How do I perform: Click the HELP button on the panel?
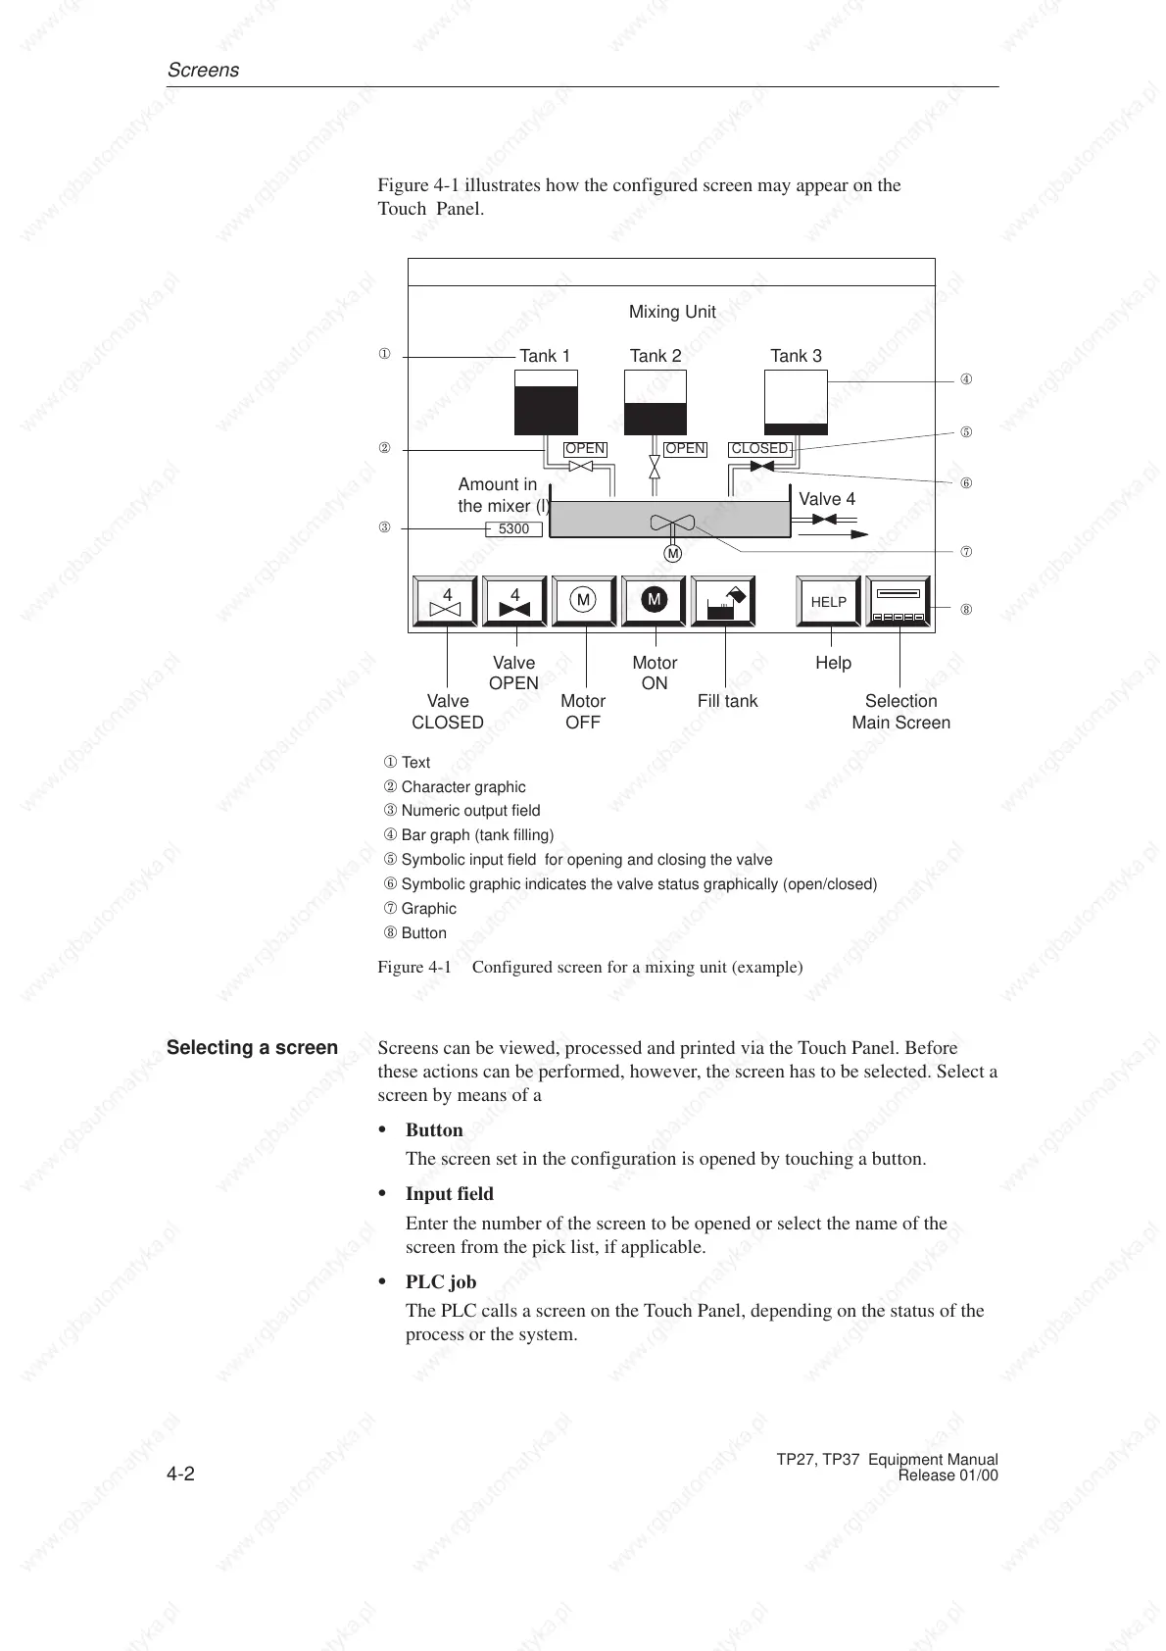[x=828, y=602]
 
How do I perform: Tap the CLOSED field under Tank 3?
[x=759, y=449]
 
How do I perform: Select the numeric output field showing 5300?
[x=514, y=529]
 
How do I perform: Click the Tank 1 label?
[x=545, y=356]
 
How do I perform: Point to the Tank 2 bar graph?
[x=656, y=402]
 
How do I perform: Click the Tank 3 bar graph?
[x=796, y=402]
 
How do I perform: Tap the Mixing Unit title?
[x=672, y=312]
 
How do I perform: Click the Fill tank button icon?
[x=724, y=602]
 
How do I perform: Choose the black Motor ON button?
[x=655, y=601]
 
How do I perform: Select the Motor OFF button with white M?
[x=584, y=601]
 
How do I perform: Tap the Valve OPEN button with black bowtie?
[x=514, y=602]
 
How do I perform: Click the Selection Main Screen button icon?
[x=899, y=602]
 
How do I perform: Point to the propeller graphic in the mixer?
[x=672, y=522]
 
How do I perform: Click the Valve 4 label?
[x=827, y=499]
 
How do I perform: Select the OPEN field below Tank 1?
[x=585, y=449]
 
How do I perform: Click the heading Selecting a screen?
[x=252, y=1047]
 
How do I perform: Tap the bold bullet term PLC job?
[x=441, y=1281]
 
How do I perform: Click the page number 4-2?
[x=180, y=1475]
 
